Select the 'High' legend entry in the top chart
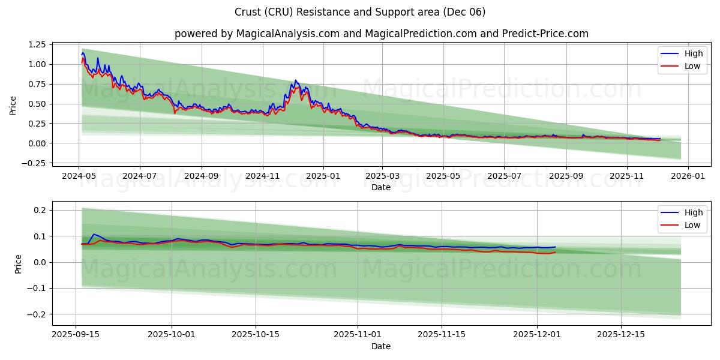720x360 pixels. click(684, 53)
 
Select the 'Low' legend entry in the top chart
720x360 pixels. click(684, 66)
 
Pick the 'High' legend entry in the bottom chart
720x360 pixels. click(684, 212)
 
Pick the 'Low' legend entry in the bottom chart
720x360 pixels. click(684, 225)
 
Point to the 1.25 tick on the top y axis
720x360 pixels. click(36, 44)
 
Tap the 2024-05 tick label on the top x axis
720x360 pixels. click(79, 177)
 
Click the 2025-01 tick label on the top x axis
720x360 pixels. click(323, 177)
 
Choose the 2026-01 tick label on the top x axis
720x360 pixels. click(688, 177)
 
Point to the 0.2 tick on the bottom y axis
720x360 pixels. click(40, 210)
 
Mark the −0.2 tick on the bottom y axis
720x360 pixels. click(37, 314)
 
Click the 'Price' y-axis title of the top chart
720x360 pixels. click(13, 106)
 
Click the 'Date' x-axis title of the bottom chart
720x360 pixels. click(381, 346)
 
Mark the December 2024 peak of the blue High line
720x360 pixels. click(295, 80)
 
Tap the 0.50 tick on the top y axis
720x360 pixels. click(36, 104)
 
